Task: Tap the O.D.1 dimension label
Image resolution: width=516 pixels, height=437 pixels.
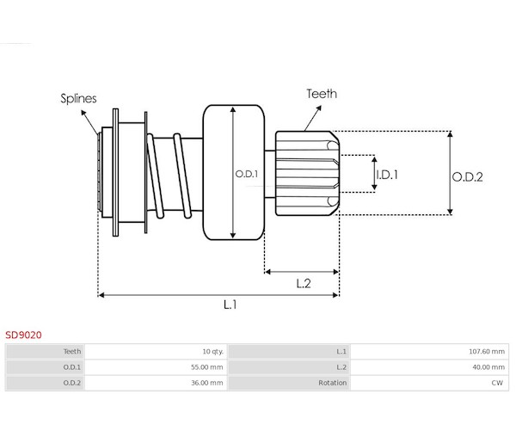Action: pos(247,175)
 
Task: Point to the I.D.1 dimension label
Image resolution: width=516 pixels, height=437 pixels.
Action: pos(388,175)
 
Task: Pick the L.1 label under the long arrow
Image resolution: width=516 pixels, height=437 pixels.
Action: pos(230,305)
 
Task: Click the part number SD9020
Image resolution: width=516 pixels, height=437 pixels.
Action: pos(23,335)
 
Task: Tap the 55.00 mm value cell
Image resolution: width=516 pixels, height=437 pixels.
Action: pos(206,367)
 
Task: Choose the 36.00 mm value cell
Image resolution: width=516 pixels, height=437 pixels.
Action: pos(206,383)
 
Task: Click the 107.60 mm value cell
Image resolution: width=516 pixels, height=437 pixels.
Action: pos(485,352)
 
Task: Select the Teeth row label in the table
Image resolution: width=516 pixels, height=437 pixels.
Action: pos(72,352)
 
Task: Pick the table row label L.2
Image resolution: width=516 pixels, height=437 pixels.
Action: pos(341,367)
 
